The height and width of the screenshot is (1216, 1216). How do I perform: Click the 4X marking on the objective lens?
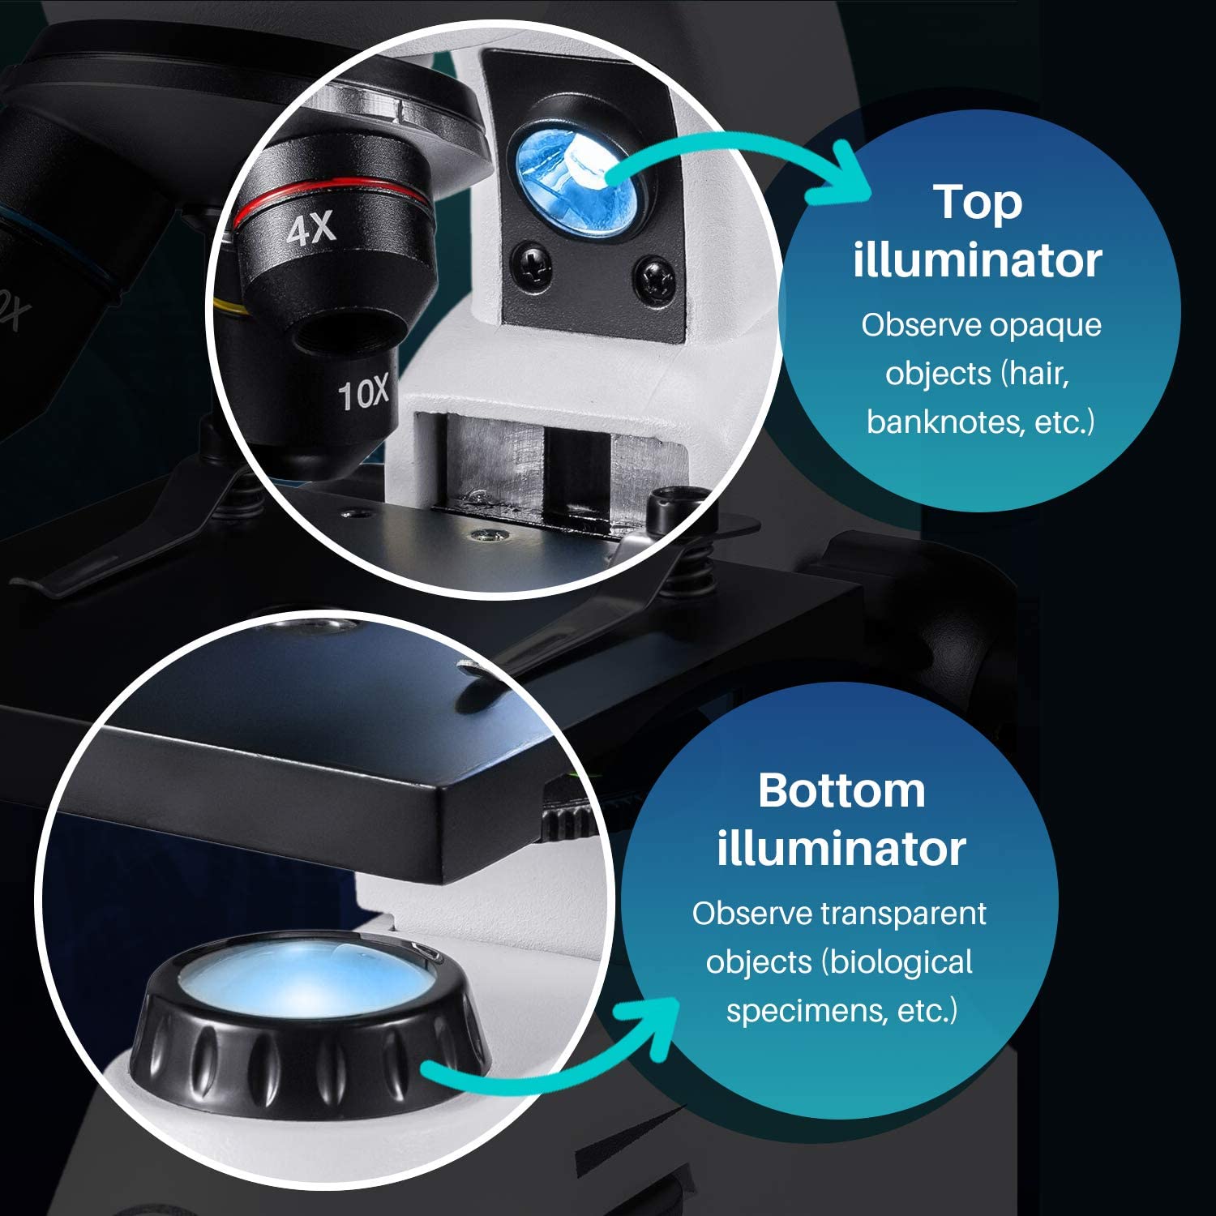click(x=311, y=229)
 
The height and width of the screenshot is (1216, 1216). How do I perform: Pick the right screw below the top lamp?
click(x=653, y=276)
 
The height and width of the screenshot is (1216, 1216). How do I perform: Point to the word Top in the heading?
click(x=977, y=202)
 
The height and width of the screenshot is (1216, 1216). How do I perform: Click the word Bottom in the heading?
click(x=841, y=790)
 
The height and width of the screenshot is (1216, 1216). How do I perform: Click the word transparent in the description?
click(x=903, y=914)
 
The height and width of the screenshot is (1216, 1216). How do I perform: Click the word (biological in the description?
click(x=897, y=962)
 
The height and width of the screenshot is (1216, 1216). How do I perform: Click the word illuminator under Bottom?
click(x=841, y=849)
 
